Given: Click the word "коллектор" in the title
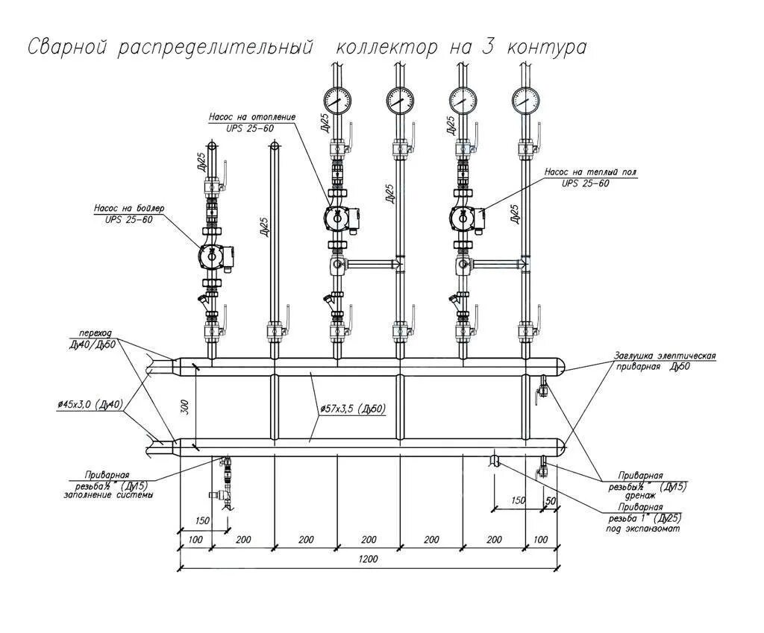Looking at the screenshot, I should pos(386,48).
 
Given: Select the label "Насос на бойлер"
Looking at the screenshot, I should pos(129,208).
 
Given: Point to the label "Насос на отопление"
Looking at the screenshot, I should pos(252,117).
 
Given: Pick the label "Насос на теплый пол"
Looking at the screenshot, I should pos(591,172).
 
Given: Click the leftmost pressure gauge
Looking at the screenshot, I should pos(338,99).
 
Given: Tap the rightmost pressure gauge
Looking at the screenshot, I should pos(525,99).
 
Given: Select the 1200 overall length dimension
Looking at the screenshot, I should pos(368,558).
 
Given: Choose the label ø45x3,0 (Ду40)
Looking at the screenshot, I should pos(89,404).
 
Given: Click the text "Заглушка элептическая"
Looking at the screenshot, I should pos(665,356).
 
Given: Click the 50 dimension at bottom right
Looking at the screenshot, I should pos(551,500).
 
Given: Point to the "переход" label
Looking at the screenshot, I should pos(96,334).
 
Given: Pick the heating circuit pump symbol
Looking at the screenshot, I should pos(337,217).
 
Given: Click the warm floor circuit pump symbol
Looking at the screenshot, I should pos(463,217).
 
